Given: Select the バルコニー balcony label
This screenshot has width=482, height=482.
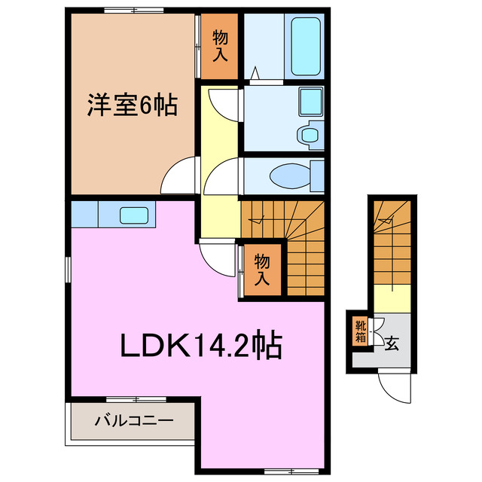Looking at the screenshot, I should [133, 421].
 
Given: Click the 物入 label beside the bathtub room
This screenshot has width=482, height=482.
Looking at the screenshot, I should [220, 47].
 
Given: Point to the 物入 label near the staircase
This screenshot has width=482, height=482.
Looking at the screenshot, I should [261, 270].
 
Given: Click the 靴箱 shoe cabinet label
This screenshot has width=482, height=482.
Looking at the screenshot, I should [361, 331].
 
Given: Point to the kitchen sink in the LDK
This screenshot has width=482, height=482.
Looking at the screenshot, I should [133, 215].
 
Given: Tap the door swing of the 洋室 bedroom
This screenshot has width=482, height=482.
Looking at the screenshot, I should [179, 178].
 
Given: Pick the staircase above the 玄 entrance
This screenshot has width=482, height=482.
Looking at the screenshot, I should [391, 241].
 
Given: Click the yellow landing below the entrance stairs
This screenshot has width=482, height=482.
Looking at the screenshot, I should [391, 297].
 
